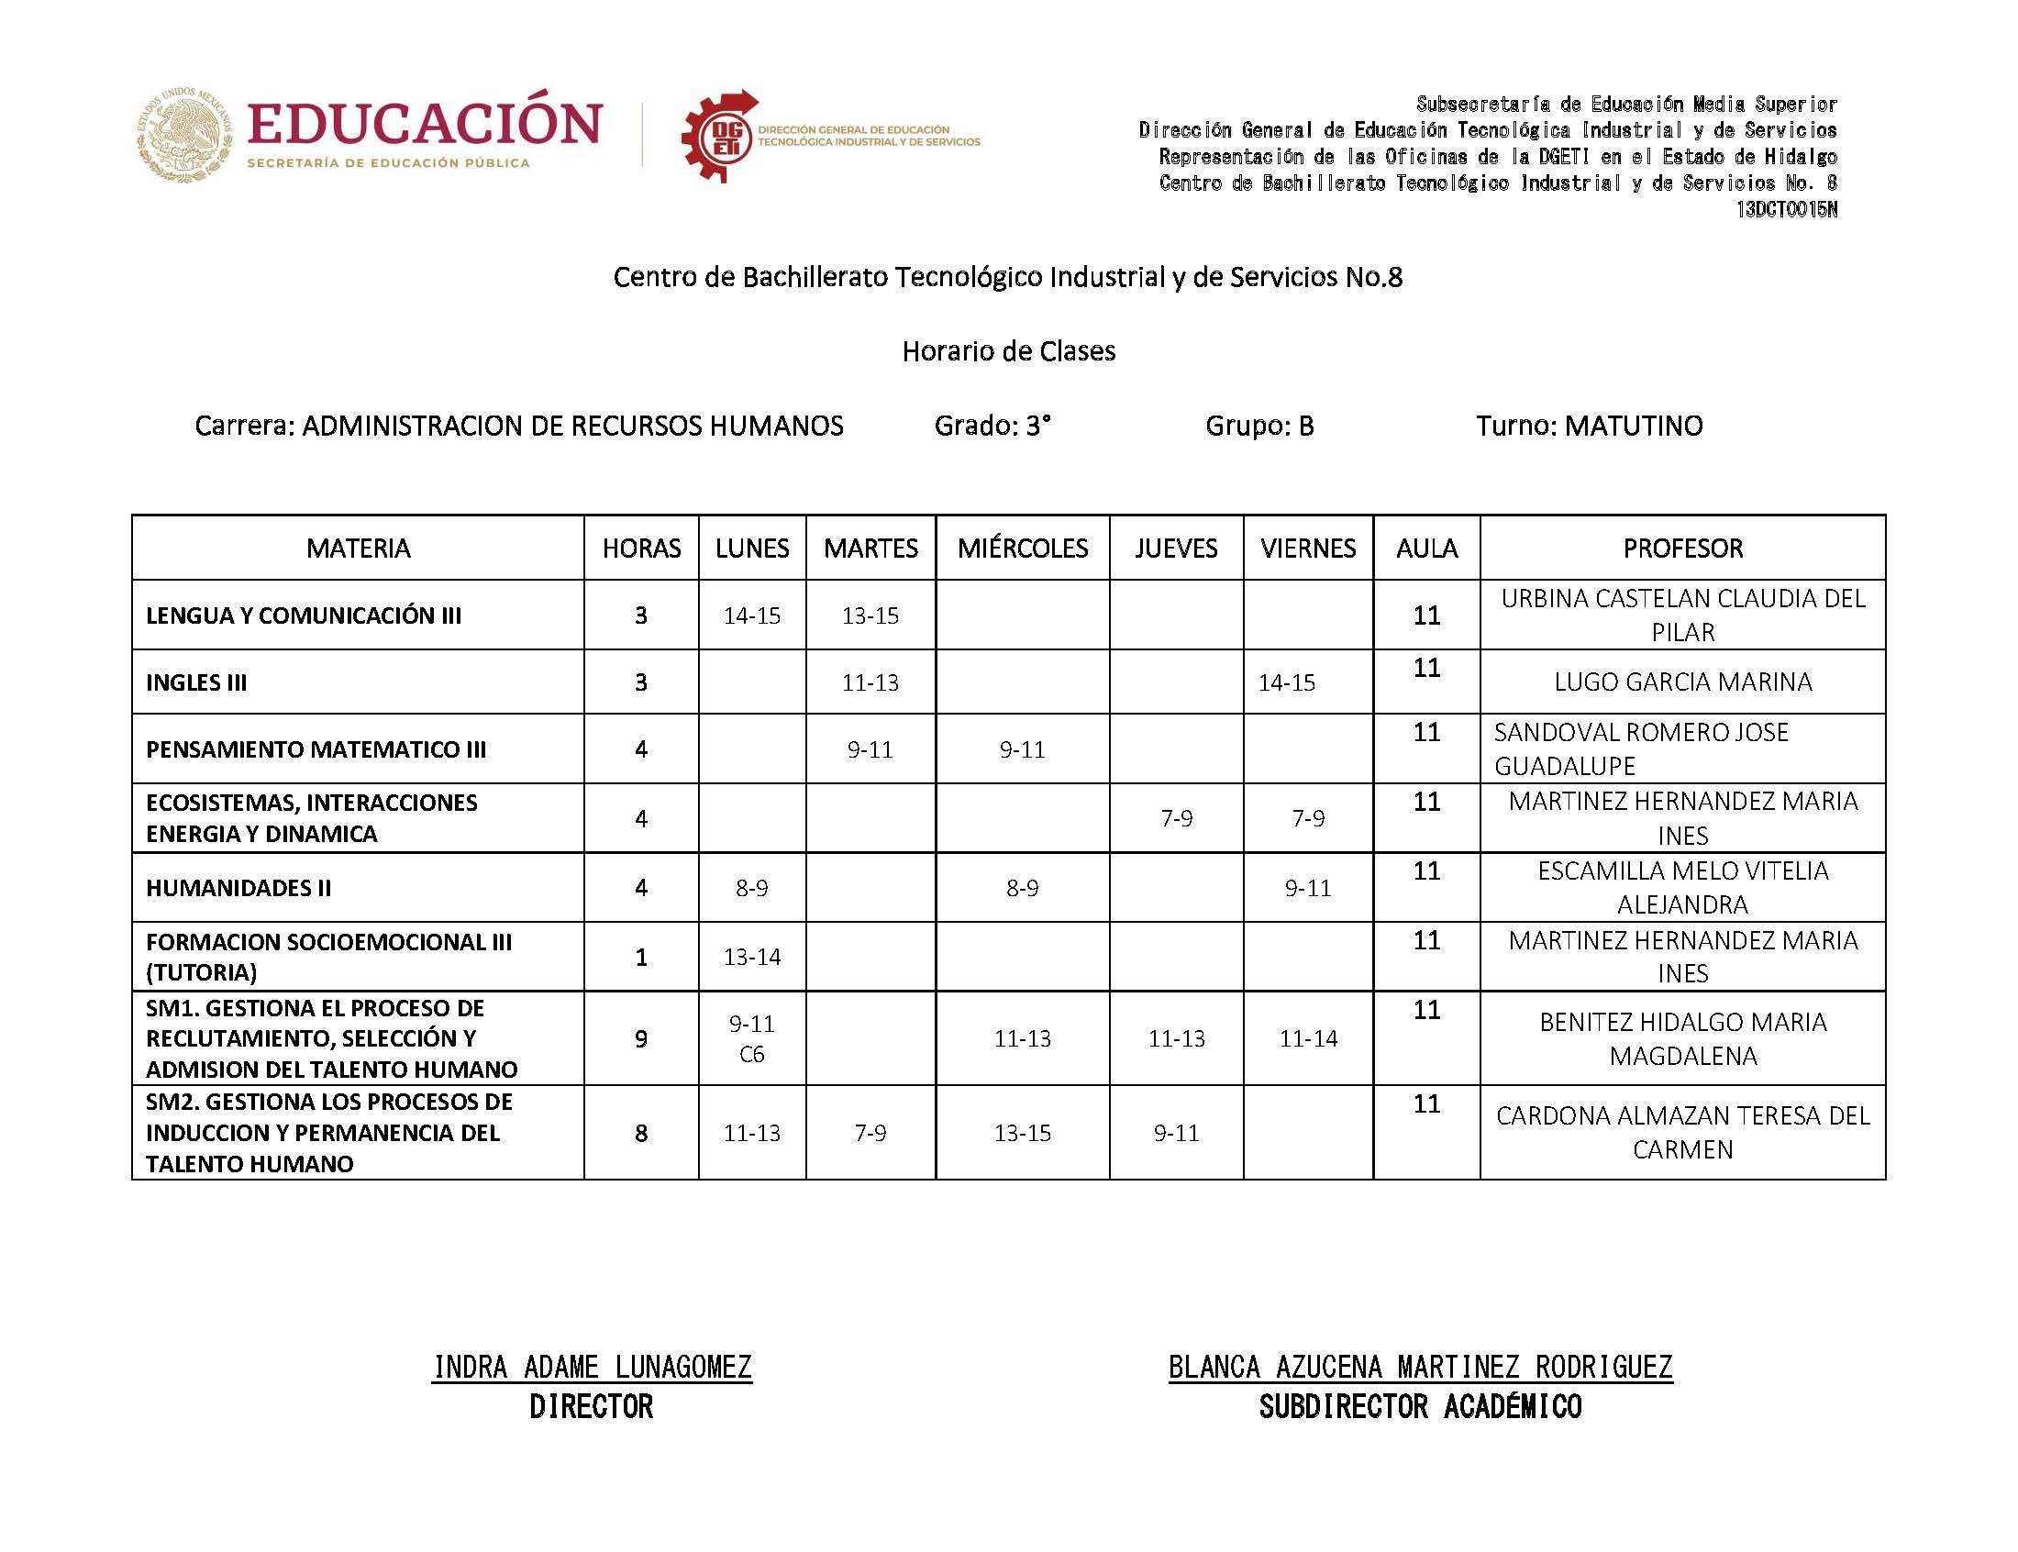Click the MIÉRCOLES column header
tap(1023, 548)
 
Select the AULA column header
tap(1426, 548)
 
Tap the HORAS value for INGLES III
tap(641, 682)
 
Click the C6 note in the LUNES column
tap(752, 1054)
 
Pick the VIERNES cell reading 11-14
tap(1308, 1038)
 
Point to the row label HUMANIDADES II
tap(238, 888)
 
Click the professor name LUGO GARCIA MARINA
tap(1682, 682)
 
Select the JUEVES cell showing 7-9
tap(1176, 818)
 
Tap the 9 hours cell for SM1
tap(641, 1039)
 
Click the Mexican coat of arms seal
tap(185, 134)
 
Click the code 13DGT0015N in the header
tap(1785, 210)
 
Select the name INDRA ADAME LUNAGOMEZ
tap(592, 1367)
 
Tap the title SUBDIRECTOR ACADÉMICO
tap(1420, 1407)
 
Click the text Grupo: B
tap(1258, 426)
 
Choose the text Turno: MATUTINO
tap(1589, 426)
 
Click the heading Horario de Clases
tap(1008, 351)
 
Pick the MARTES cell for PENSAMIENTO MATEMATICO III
tap(870, 749)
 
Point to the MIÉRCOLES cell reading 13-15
tap(1023, 1133)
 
